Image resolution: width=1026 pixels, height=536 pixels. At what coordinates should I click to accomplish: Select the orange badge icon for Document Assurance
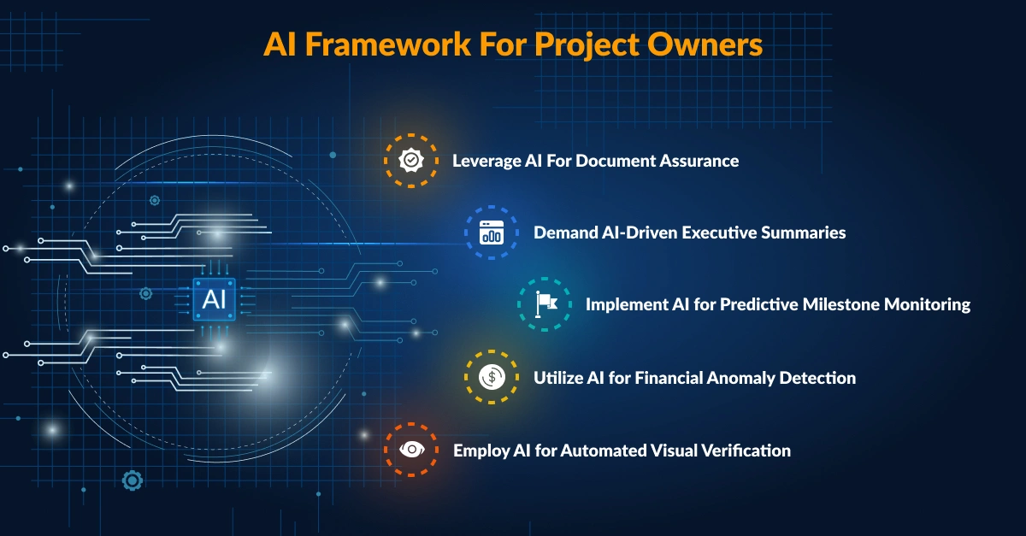click(411, 160)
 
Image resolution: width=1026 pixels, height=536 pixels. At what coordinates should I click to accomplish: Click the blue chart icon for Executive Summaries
click(492, 233)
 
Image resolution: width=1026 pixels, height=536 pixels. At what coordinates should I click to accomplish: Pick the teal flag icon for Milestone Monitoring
click(545, 303)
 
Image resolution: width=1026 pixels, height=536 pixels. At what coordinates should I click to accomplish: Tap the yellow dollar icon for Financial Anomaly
click(492, 377)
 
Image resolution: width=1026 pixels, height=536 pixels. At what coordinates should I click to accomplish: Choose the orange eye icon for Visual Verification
click(411, 450)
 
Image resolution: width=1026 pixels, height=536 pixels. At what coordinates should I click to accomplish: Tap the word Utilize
click(559, 377)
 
